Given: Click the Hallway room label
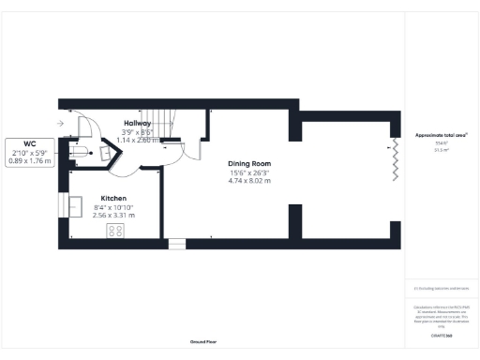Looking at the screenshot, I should (139, 123).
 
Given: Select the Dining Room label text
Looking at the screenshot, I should (249, 164).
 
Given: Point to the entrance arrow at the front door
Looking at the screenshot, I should (59, 122).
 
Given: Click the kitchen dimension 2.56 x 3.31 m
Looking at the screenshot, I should (114, 215).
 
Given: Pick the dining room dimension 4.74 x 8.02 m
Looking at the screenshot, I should (249, 181).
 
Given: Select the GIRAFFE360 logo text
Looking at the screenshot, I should (441, 334).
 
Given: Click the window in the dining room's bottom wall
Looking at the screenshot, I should (177, 244).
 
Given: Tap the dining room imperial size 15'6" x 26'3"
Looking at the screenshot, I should (249, 172).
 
